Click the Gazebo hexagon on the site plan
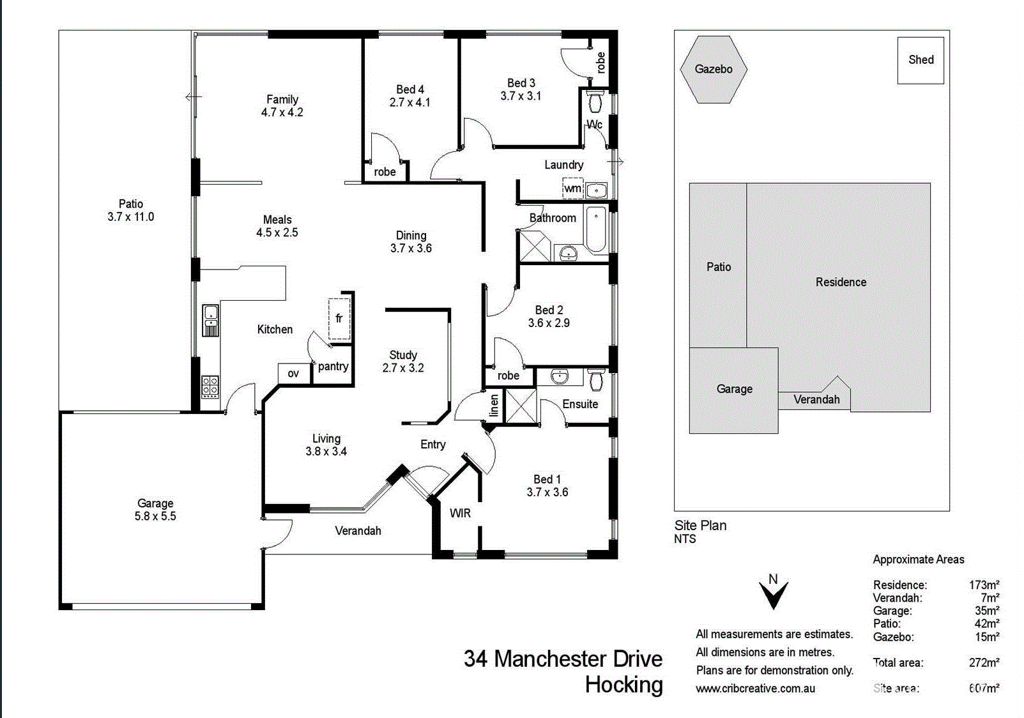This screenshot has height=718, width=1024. (713, 70)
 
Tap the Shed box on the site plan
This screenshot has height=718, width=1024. (921, 60)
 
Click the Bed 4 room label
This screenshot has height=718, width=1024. (410, 89)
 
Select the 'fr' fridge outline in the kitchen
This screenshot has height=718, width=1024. (339, 319)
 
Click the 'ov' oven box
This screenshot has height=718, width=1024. (293, 374)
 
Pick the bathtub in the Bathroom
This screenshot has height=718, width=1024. (596, 229)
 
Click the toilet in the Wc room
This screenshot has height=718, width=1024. (595, 102)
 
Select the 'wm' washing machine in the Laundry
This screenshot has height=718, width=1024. (573, 188)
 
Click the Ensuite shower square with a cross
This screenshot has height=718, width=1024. (521, 406)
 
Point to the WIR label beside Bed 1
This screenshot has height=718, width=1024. (460, 513)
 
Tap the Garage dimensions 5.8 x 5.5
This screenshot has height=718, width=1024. (155, 516)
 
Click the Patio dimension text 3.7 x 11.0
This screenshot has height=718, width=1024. (131, 217)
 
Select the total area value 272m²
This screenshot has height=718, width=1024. (984, 662)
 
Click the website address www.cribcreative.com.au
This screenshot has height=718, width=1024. (755, 689)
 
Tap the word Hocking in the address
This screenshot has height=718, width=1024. (624, 685)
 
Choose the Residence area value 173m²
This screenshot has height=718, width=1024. (984, 585)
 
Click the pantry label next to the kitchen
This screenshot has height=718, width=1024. (333, 367)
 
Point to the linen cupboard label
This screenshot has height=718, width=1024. (494, 406)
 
